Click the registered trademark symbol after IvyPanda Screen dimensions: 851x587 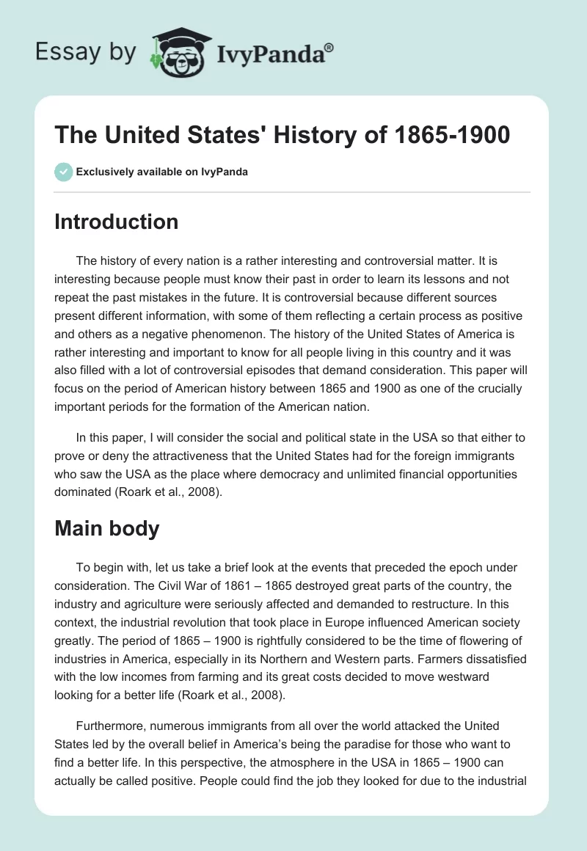[x=329, y=47]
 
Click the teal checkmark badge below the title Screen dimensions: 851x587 [x=63, y=172]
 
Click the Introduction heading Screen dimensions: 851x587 [x=116, y=222]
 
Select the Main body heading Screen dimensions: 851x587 [x=106, y=527]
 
